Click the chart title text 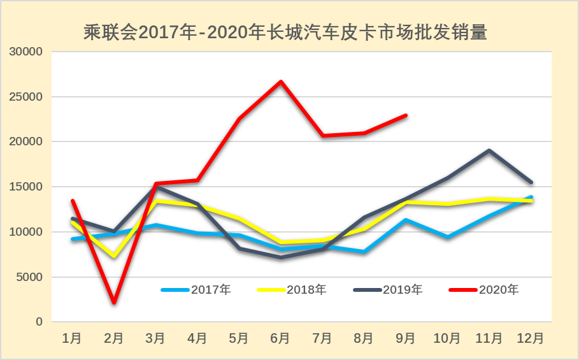click(285, 32)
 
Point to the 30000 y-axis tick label click(29, 52)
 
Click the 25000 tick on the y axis click(29, 97)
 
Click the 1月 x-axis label click(72, 338)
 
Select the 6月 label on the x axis click(280, 338)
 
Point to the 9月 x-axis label click(405, 338)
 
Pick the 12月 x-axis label click(531, 338)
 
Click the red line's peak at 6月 click(280, 82)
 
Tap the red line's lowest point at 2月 click(114, 302)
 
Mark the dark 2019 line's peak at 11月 click(489, 150)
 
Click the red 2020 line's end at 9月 click(406, 115)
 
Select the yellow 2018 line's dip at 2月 click(114, 256)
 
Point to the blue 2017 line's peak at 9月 click(406, 220)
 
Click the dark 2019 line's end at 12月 click(531, 182)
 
